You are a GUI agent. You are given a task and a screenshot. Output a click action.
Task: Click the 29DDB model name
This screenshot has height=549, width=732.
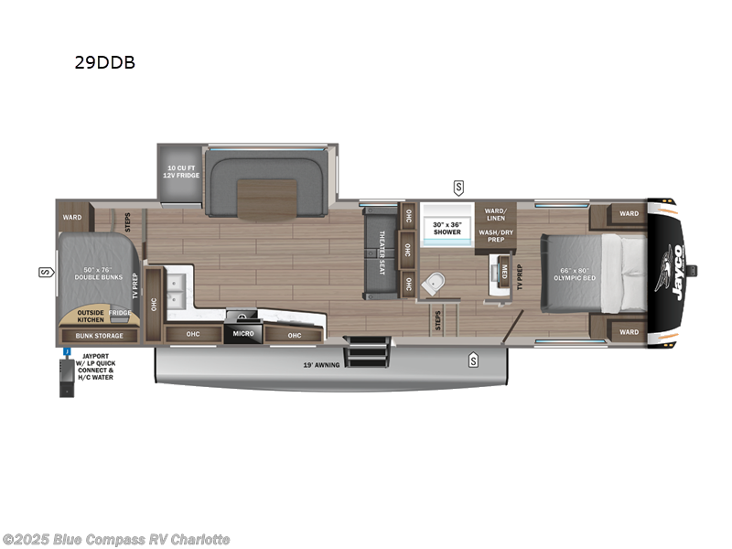pos(106,64)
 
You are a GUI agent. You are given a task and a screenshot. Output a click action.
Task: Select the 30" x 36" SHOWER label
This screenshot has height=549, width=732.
pos(447,228)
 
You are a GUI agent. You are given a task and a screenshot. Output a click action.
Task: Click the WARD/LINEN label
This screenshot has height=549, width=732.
pos(496,212)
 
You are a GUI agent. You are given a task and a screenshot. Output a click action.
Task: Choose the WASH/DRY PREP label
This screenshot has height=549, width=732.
pos(496,234)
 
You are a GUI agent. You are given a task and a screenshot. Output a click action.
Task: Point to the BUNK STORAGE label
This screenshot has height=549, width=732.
pos(97,336)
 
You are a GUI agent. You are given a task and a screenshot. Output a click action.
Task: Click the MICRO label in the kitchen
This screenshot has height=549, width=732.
pos(242,333)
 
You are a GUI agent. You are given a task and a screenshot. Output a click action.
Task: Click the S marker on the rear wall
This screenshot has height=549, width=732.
pos(43,272)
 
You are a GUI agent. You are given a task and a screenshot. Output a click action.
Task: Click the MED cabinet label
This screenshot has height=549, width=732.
pos(502,269)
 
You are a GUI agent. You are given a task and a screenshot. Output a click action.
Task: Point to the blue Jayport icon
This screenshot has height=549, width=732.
pos(68,351)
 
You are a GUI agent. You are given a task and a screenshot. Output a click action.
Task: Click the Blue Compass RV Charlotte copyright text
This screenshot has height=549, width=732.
pos(116,540)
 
